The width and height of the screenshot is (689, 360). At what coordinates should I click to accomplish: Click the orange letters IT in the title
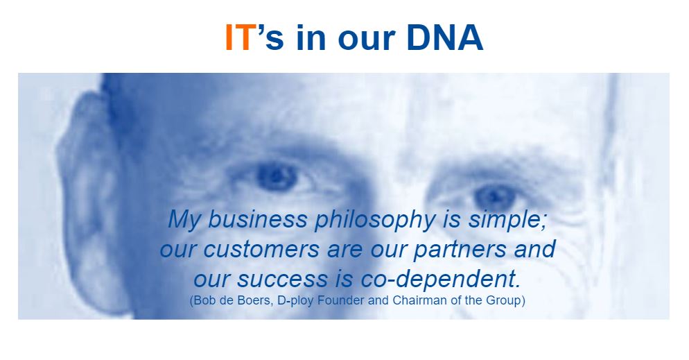click(x=240, y=37)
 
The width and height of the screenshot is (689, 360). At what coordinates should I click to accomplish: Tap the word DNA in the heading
click(x=445, y=37)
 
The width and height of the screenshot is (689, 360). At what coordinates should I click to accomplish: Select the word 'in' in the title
click(x=311, y=37)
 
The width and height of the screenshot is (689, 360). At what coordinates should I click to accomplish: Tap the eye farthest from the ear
click(x=495, y=196)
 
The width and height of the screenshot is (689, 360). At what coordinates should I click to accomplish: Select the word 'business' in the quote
click(x=257, y=219)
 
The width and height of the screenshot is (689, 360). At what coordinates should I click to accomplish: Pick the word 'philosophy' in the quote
click(x=375, y=220)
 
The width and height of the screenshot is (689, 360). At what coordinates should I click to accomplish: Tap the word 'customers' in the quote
click(x=261, y=249)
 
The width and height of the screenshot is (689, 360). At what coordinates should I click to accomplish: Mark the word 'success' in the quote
click(x=283, y=279)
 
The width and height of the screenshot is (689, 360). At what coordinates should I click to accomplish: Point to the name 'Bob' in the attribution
click(x=203, y=300)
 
